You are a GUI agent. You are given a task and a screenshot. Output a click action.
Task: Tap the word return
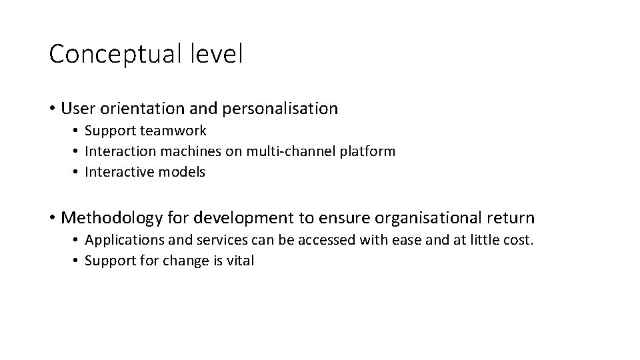[512, 218]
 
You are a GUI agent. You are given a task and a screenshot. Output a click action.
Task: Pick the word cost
[519, 241]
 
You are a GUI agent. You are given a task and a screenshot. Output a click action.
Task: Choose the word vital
[240, 261]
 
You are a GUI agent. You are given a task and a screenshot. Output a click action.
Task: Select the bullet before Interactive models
[77, 173]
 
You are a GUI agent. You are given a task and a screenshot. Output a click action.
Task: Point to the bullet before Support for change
[77, 261]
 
